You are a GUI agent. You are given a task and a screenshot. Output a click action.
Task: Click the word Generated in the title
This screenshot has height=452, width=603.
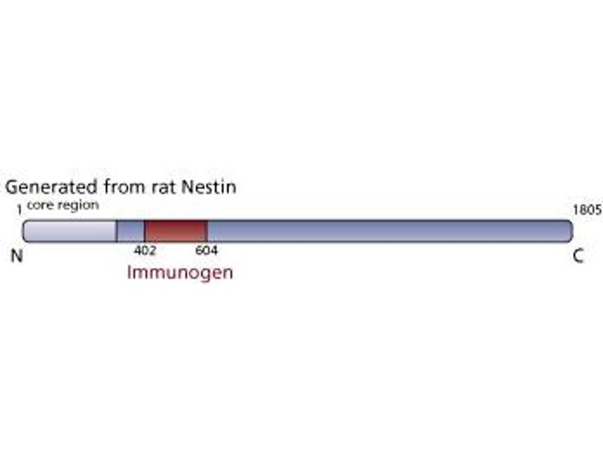tap(49, 188)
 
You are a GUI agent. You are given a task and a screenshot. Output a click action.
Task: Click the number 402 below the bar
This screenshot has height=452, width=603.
tap(144, 250)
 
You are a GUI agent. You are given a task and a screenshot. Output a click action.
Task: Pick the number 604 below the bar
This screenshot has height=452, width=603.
tap(207, 250)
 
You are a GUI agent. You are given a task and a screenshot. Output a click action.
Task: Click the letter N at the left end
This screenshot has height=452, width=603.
tap(16, 257)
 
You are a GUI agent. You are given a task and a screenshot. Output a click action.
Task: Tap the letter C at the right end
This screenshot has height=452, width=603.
tap(578, 257)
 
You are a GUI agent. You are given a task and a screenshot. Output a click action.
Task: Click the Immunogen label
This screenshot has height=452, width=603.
tap(180, 272)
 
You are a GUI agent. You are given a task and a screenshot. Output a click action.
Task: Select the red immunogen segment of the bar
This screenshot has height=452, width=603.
tap(176, 231)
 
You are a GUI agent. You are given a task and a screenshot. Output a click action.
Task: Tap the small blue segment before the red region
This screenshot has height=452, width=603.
tap(130, 231)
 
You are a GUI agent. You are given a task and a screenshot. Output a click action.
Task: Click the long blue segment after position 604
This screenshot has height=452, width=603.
tap(384, 231)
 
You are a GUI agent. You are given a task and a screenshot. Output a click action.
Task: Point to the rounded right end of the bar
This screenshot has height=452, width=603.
tap(567, 231)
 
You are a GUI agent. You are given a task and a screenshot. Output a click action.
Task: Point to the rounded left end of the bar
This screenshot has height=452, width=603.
tap(26, 231)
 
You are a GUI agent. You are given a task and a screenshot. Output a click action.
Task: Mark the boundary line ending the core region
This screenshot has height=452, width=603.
tap(117, 231)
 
